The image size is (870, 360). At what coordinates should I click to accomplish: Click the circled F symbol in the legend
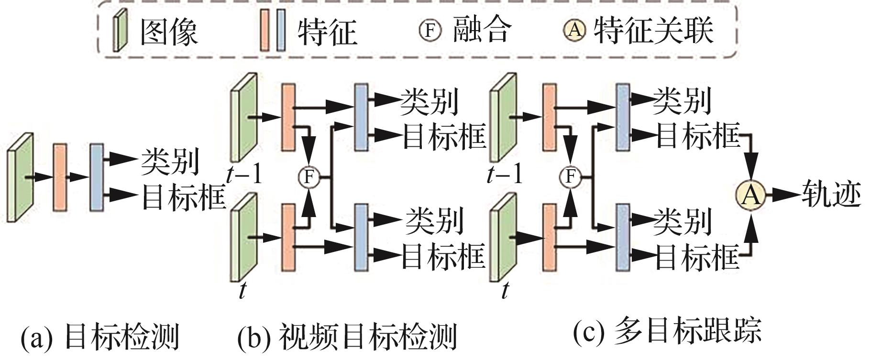[429, 30]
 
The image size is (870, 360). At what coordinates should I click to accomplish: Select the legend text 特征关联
[654, 30]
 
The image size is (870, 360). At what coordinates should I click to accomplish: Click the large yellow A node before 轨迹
[750, 195]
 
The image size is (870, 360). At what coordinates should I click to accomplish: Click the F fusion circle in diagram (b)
[308, 177]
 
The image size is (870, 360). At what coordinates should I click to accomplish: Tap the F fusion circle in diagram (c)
[570, 177]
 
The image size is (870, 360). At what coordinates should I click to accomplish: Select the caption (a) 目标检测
[99, 336]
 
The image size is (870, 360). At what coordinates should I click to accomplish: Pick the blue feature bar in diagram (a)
[97, 177]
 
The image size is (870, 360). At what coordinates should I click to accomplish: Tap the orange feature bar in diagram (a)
[60, 177]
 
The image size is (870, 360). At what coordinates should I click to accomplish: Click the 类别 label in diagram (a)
[170, 161]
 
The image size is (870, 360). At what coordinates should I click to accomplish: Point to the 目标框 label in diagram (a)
[183, 196]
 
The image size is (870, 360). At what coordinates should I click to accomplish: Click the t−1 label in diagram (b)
[244, 175]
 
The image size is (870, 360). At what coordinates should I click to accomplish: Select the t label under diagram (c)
[505, 291]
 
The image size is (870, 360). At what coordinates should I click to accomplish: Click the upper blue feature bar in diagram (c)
[622, 117]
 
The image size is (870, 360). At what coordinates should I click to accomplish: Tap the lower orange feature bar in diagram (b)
[288, 237]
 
